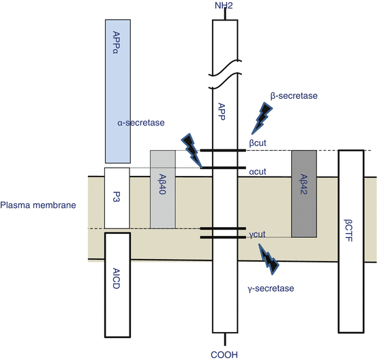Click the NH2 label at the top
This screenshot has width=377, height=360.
click(224, 5)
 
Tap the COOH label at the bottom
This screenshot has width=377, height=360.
click(224, 355)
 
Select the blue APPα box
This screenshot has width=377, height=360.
click(118, 91)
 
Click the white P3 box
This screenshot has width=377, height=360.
click(117, 198)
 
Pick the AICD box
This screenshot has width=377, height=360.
click(117, 285)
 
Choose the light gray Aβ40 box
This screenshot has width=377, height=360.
click(163, 190)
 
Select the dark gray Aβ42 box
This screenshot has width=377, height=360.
click(304, 194)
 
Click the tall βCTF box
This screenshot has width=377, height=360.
click(351, 241)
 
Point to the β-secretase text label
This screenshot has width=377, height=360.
click(294, 95)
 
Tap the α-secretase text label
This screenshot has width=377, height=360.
click(141, 123)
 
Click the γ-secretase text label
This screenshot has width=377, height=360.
click(271, 288)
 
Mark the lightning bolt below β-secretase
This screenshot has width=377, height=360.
click(262, 118)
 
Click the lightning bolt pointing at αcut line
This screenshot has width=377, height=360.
click(192, 150)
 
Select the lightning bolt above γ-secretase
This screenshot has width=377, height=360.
click(269, 259)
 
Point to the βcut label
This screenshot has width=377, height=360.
click(258, 143)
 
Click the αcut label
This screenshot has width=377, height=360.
click(258, 172)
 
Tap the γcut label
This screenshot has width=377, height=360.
click(257, 234)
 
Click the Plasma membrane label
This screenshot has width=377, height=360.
click(38, 205)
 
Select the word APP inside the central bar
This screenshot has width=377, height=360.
click(221, 112)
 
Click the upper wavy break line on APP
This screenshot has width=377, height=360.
click(225, 67)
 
